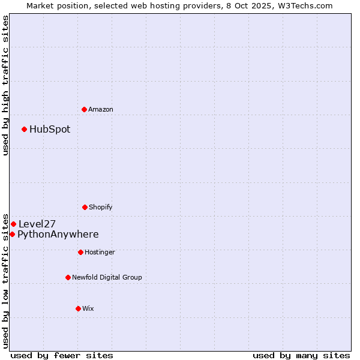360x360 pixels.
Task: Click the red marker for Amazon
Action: point(84,109)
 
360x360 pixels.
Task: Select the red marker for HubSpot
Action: point(25,129)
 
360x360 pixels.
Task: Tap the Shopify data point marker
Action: point(85,207)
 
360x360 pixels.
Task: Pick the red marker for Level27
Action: point(13,224)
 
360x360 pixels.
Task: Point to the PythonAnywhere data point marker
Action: point(12,234)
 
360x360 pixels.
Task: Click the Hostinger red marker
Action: point(80,252)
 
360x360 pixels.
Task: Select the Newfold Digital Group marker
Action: point(68,277)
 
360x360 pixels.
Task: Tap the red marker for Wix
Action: point(78,308)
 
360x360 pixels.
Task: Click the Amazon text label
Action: point(101,109)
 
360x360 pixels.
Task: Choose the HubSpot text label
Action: point(50,129)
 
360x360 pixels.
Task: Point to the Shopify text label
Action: point(101,207)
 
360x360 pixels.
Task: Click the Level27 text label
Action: point(37,224)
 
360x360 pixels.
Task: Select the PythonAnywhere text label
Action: point(58,234)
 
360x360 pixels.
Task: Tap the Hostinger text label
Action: point(100,252)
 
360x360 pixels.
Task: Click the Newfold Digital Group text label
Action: point(107,277)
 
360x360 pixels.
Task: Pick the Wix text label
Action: point(88,308)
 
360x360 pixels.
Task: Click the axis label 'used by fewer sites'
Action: point(62,355)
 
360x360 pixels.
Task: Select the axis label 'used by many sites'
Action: point(301,355)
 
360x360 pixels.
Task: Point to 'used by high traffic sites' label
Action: point(5,85)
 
